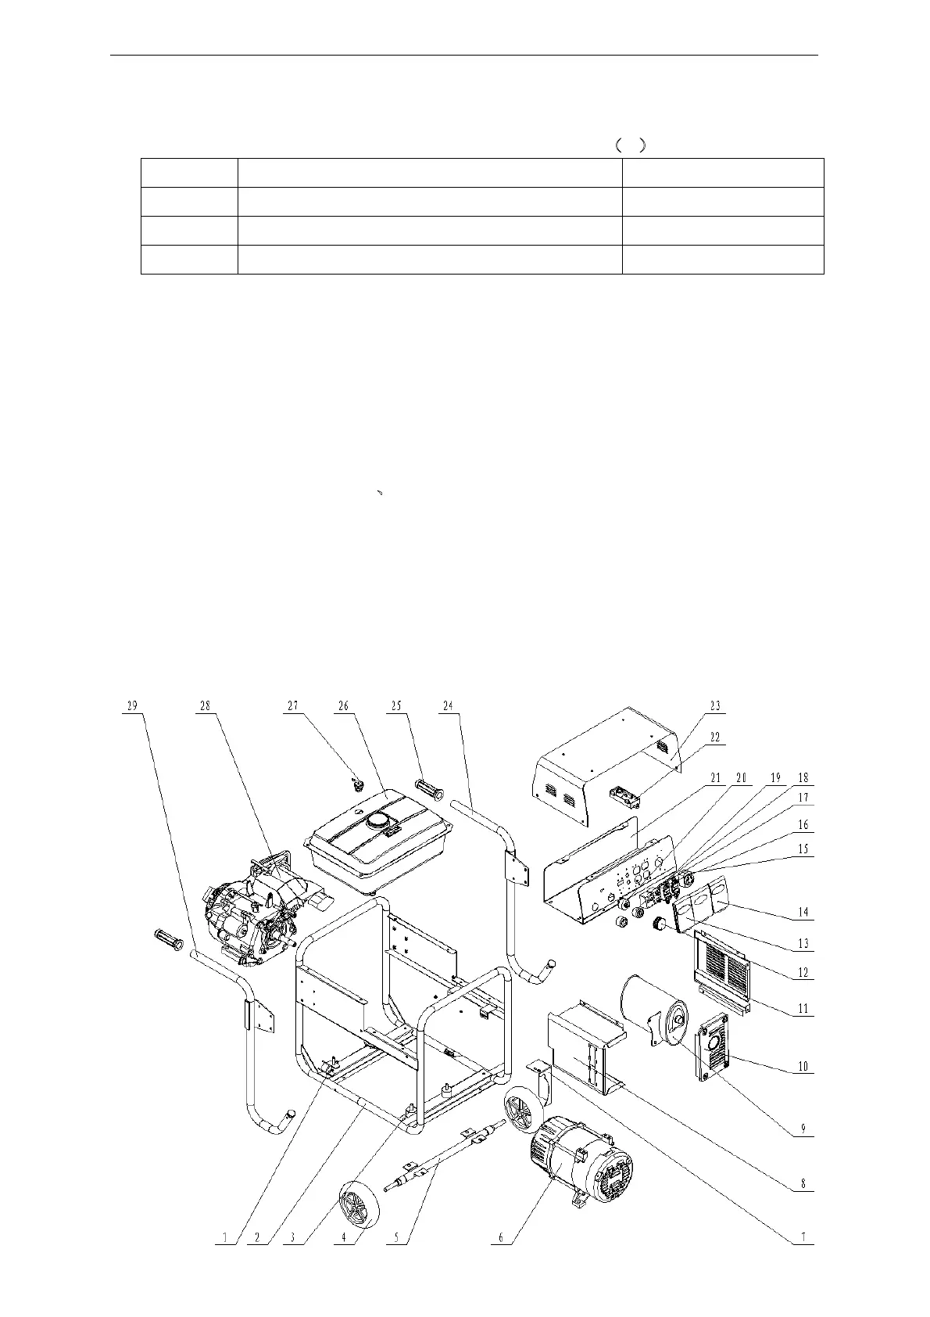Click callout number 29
point(132,705)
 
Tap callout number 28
point(205,705)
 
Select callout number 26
point(343,705)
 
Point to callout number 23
point(715,705)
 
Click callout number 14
point(803,911)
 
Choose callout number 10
point(803,1066)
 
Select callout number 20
point(741,778)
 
